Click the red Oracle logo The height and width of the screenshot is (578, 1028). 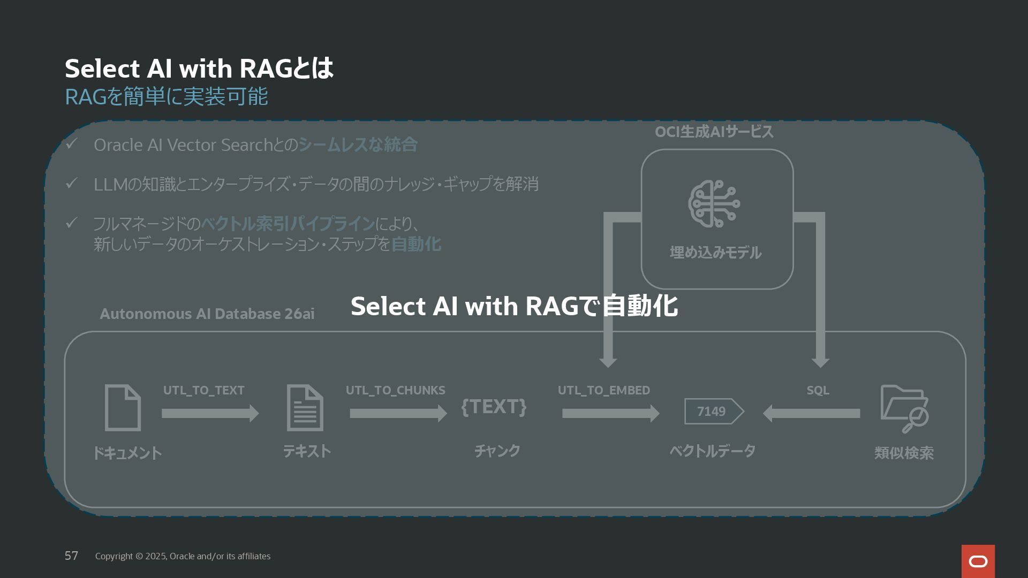coord(978,561)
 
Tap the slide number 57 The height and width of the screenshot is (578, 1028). coord(71,556)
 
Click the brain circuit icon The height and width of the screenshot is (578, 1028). coord(714,204)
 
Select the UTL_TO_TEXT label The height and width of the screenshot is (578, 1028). coord(203,390)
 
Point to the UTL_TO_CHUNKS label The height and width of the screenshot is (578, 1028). coord(395,390)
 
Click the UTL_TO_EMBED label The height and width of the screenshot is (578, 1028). coord(603,390)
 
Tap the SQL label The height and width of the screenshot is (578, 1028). coord(818,390)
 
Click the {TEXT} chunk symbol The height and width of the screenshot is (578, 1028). coord(494,407)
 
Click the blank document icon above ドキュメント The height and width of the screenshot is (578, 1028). coord(123,408)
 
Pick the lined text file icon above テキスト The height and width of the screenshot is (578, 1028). coord(305,408)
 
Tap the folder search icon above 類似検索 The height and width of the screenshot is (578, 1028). coord(904,408)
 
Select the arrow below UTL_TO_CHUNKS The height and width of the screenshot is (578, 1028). coord(398,413)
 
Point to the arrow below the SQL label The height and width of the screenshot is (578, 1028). coord(811,413)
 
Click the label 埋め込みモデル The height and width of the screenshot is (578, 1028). coord(715,252)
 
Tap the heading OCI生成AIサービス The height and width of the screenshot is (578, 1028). coord(714,132)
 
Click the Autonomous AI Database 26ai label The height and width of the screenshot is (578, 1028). coord(207,314)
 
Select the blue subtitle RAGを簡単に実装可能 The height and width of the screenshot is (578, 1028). coord(166,97)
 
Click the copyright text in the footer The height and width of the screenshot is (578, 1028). coord(183,556)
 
